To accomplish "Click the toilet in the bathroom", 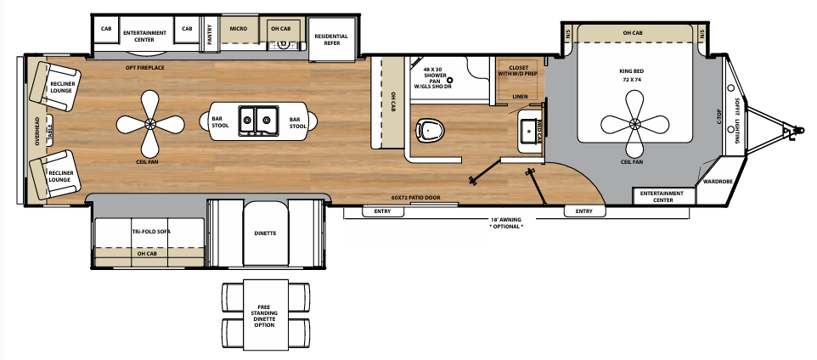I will pos(431,130).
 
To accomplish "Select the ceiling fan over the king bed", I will pos(636,124).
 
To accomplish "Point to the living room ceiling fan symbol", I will pos(150,124).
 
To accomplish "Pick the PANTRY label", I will pos(209,37).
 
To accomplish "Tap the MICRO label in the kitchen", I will pos(238,29).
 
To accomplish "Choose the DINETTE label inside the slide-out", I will pos(266,232).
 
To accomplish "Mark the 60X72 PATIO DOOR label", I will pos(412,197).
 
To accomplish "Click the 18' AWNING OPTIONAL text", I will pos(507,223).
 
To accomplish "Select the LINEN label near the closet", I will pos(521,96).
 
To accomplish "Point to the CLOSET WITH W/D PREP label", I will pos(518,70).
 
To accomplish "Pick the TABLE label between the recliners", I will pos(50,130).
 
